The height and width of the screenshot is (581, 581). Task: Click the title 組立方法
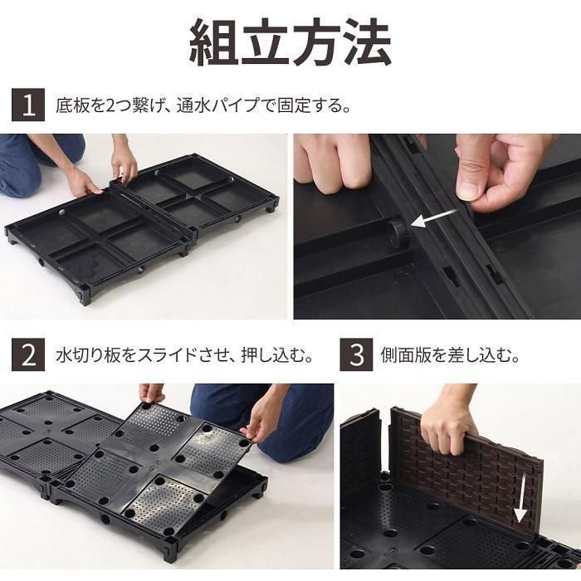click(290, 43)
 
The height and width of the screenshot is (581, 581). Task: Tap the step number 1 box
click(28, 105)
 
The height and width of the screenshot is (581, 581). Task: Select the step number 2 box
click(28, 355)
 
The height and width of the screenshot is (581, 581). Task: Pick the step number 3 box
click(356, 355)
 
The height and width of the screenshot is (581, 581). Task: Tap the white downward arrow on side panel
click(520, 500)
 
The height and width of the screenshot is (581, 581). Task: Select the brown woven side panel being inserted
click(481, 465)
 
